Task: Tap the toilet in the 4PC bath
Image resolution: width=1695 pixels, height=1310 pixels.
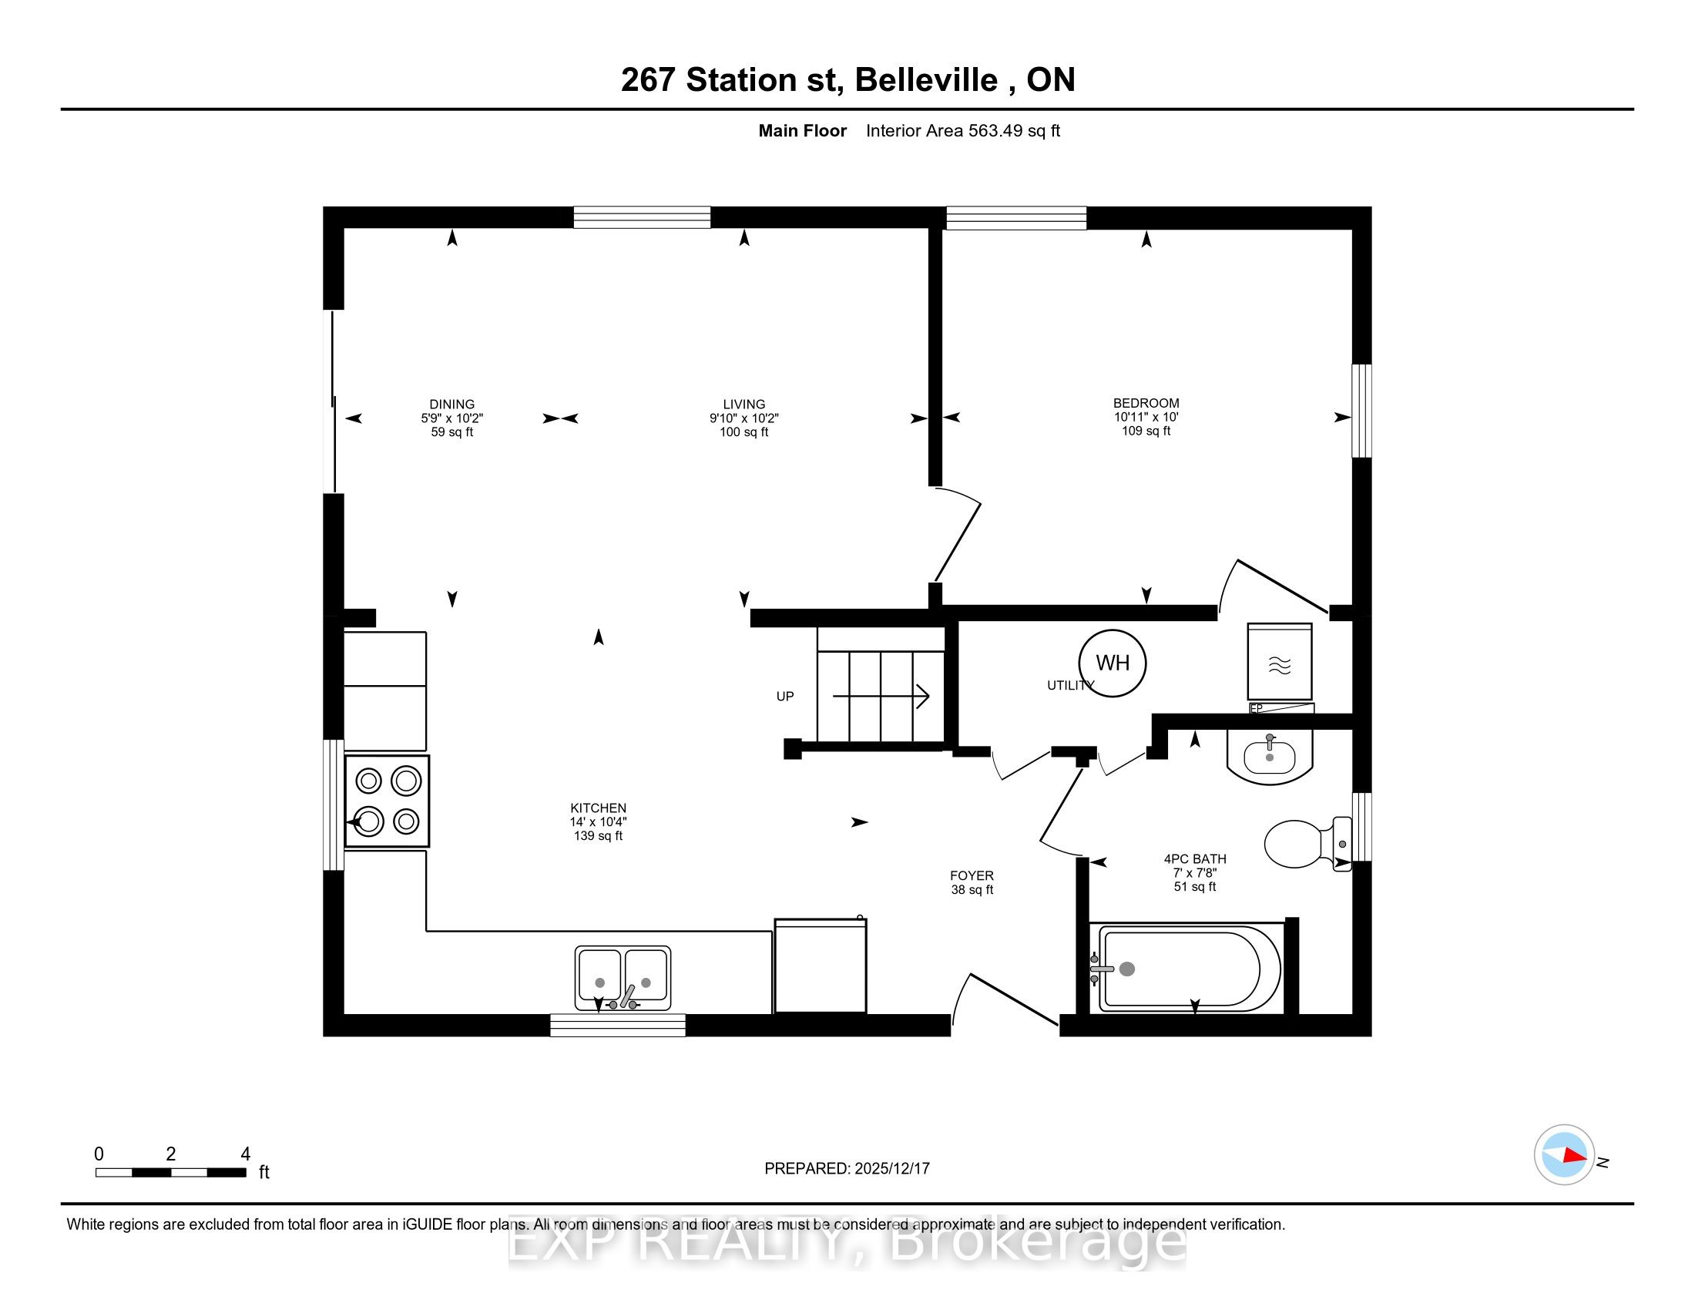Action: [1307, 844]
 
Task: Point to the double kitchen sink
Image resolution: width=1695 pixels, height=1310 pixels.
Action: [623, 978]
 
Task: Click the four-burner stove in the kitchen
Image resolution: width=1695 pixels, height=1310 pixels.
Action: [387, 801]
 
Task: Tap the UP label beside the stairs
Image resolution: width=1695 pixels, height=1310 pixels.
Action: [784, 696]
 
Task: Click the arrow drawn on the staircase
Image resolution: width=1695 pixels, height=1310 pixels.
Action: [881, 696]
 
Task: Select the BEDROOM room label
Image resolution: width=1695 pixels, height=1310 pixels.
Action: [1146, 403]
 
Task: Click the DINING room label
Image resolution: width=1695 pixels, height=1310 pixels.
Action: [451, 405]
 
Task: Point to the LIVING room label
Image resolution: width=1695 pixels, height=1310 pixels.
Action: [743, 405]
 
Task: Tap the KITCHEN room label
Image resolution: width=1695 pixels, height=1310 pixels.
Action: [598, 808]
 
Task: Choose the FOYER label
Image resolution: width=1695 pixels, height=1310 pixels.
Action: [972, 875]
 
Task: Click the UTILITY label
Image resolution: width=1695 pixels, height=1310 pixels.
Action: [1070, 685]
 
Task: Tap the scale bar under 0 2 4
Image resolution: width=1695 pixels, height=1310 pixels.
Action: [171, 1173]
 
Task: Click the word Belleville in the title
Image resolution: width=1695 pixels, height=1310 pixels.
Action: [926, 80]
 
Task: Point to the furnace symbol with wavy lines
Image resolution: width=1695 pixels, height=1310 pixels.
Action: [1279, 662]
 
